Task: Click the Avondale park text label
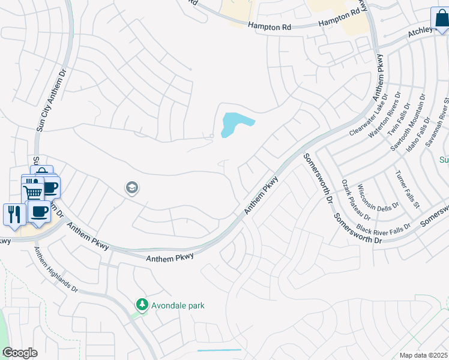click(x=178, y=305)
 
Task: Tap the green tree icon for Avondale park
click(x=142, y=305)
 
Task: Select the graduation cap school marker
click(x=131, y=188)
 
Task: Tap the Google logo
click(x=20, y=353)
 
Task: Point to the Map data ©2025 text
click(x=424, y=355)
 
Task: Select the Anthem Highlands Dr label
click(x=57, y=270)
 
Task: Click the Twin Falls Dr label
click(x=399, y=119)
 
